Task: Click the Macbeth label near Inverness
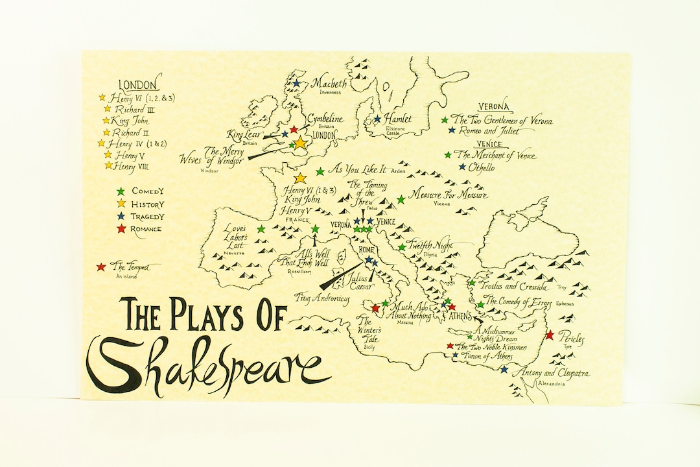tap(330, 84)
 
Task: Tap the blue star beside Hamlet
tap(377, 119)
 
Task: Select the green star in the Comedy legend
tap(120, 191)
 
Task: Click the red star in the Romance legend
tap(120, 228)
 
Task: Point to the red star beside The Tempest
tap(100, 267)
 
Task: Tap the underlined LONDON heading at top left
tap(137, 85)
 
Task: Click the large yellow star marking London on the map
tap(300, 143)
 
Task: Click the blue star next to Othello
tap(462, 167)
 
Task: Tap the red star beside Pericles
tap(550, 335)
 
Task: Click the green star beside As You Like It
tap(320, 172)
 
